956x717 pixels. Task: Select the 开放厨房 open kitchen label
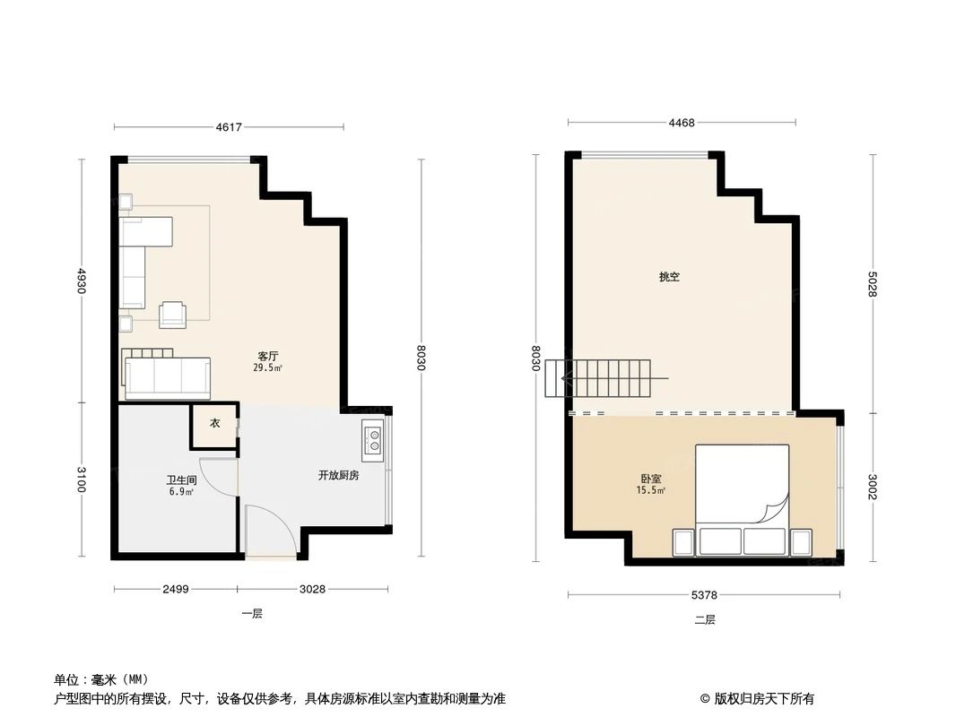[x=338, y=475]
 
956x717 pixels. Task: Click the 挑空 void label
[x=669, y=277]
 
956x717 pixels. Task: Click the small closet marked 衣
[x=214, y=424]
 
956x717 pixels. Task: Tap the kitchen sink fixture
[x=373, y=439]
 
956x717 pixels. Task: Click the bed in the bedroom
[x=743, y=488]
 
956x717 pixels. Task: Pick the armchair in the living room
[x=173, y=314]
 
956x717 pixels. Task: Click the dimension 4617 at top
[x=229, y=127]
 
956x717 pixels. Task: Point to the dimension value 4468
[x=682, y=123]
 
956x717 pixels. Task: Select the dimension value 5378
[x=704, y=594]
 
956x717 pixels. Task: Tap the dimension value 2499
[x=175, y=589]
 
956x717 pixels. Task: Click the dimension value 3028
[x=312, y=589]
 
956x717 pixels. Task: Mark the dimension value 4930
[x=81, y=281]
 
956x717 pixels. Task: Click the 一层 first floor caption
[x=251, y=614]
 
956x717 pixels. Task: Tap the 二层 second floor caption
[x=705, y=619]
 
